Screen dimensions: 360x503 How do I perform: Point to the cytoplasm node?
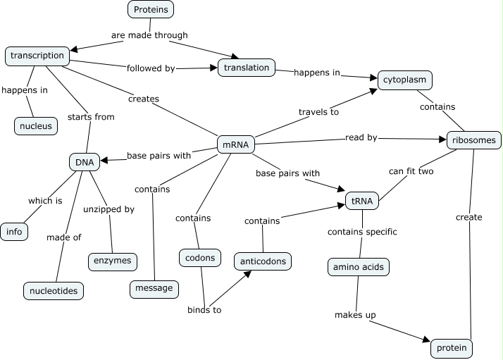404,80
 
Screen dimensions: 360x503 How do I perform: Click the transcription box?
37,56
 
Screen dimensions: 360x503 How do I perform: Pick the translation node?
245,68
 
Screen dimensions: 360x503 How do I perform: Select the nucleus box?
35,126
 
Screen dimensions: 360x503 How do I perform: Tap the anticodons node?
262,261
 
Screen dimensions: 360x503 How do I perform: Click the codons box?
201,257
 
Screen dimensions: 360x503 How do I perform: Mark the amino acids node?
359,267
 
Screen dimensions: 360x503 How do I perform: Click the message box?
154,288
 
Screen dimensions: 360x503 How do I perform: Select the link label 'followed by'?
151,68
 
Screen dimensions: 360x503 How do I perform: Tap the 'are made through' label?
149,35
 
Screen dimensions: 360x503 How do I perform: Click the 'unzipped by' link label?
108,209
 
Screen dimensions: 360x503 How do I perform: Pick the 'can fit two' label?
412,170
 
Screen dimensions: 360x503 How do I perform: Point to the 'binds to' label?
204,309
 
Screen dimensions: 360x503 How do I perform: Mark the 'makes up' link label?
354,315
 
